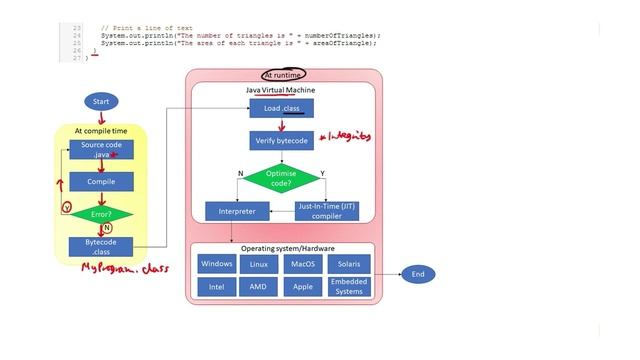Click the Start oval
click(101, 102)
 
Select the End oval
click(418, 274)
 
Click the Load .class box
click(281, 108)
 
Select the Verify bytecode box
click(281, 140)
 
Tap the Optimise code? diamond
click(281, 178)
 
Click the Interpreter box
click(230, 212)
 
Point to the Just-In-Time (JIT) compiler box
click(326, 211)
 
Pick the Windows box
click(217, 264)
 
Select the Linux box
click(258, 264)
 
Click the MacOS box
click(302, 264)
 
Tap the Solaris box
click(348, 264)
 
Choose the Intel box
click(217, 286)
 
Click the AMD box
click(258, 286)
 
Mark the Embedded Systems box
click(348, 286)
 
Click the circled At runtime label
click(283, 75)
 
